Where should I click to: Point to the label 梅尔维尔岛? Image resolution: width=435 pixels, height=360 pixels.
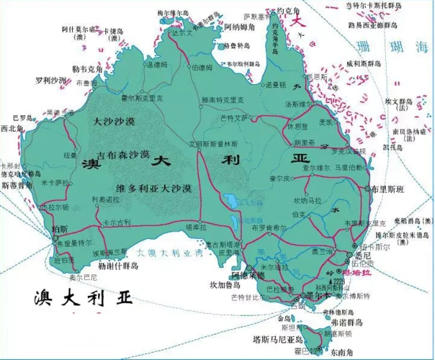pyautogui.click(x=171, y=13)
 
